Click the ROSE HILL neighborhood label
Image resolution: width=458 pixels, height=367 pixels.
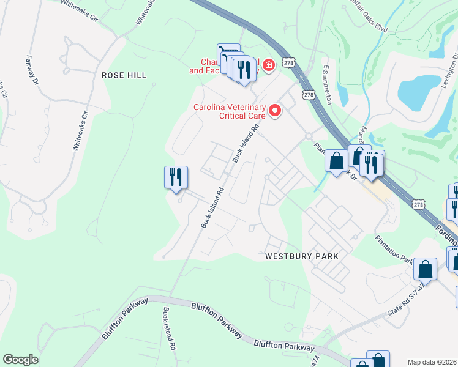pyautogui.click(x=124, y=75)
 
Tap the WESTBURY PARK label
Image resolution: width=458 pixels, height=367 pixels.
pyautogui.click(x=302, y=257)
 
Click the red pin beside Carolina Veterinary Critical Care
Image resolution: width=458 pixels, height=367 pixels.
pyautogui.click(x=275, y=111)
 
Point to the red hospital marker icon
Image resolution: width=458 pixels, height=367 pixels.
pyautogui.click(x=268, y=64)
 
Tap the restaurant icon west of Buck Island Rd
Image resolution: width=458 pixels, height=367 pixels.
pyautogui.click(x=176, y=177)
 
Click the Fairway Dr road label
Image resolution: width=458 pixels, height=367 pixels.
pyautogui.click(x=32, y=70)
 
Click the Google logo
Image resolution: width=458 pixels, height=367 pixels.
pyautogui.click(x=20, y=359)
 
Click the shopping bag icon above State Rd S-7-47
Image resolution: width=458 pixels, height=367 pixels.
pyautogui.click(x=425, y=269)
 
